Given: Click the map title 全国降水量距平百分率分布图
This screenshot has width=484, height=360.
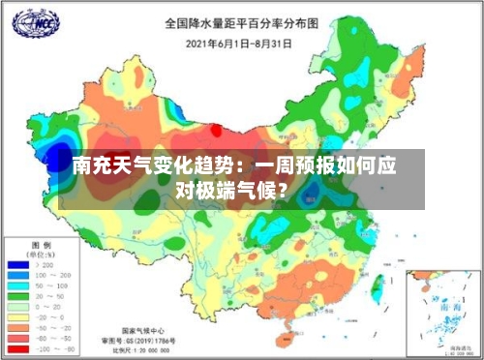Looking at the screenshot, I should click(x=241, y=22).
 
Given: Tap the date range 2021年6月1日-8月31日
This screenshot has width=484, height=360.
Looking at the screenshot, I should click(x=241, y=44).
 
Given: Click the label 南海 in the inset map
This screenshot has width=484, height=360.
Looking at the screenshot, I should click(x=448, y=304).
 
